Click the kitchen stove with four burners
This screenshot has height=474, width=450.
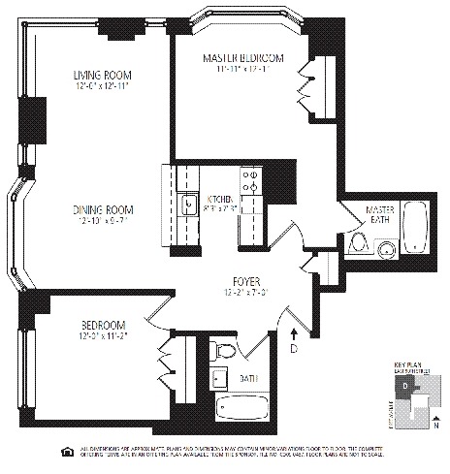click(x=251, y=183)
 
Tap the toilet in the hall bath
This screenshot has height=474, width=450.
click(x=224, y=352)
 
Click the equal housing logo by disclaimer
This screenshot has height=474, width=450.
click(x=66, y=451)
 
